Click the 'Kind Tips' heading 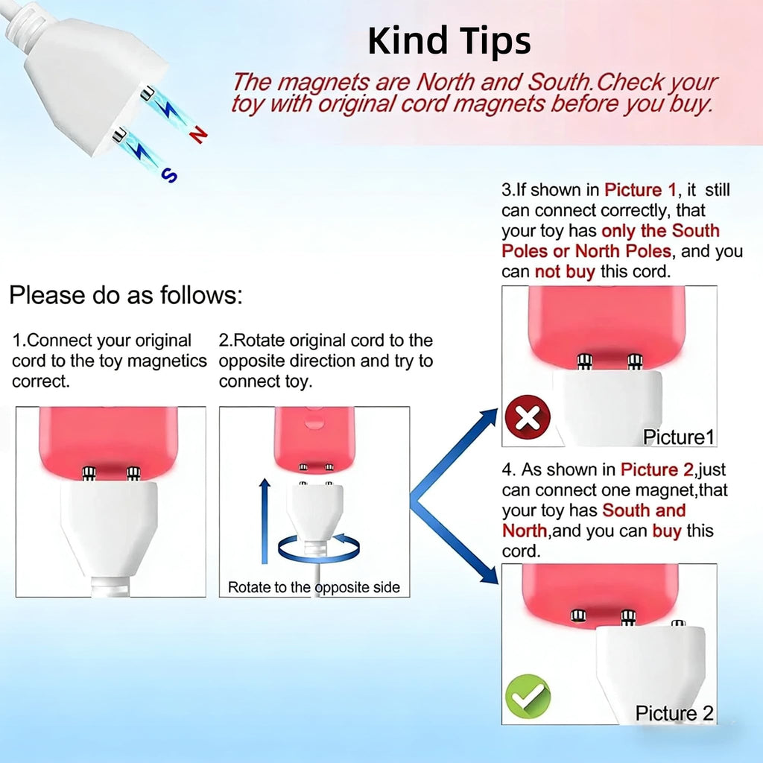point(449,41)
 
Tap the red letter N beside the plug point(198,134)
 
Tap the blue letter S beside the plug point(169,174)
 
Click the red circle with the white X point(528,417)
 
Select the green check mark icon point(528,697)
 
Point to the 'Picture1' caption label point(678,437)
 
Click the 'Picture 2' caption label point(674,713)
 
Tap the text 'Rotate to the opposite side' point(314,587)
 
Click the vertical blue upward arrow point(265,521)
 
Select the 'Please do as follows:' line point(126,295)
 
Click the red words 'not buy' point(565,271)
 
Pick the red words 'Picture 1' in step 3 point(640,190)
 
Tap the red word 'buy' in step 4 point(667,531)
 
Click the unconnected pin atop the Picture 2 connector point(678,624)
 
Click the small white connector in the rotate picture point(314,511)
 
